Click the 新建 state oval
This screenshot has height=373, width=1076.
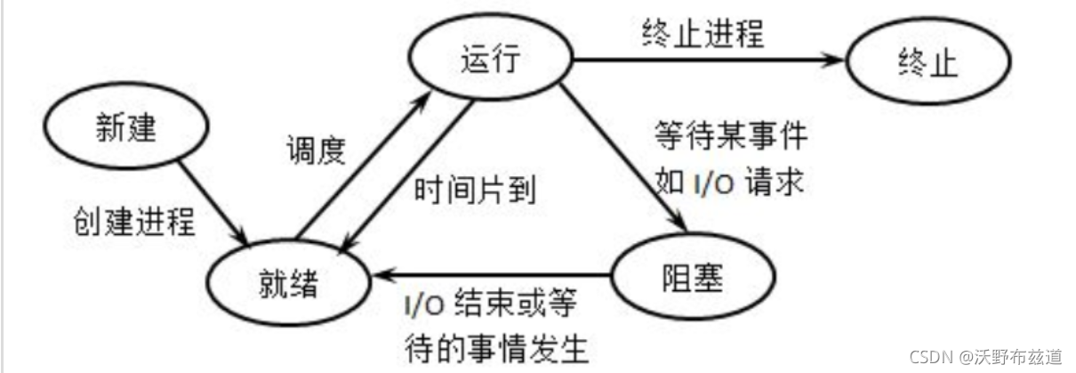(125, 130)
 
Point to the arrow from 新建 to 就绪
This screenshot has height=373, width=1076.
(213, 199)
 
